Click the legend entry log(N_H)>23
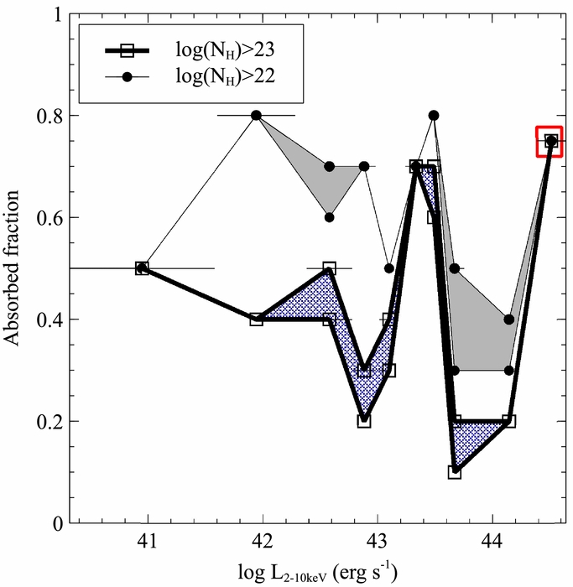tap(226, 49)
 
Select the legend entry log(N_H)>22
tap(226, 77)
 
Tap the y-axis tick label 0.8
tap(49, 116)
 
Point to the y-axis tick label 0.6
tap(49, 217)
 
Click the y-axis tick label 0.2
tap(49, 421)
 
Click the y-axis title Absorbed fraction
tap(11, 268)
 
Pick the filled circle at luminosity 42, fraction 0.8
tap(256, 116)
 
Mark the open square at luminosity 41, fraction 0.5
tap(142, 268)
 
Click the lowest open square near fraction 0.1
tap(454, 472)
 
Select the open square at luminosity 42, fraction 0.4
tap(256, 319)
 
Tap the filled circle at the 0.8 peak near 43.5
tap(434, 116)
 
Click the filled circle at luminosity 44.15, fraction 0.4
tap(509, 319)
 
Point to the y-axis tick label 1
tap(58, 14)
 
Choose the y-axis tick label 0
tap(57, 523)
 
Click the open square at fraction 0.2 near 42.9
tap(364, 422)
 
